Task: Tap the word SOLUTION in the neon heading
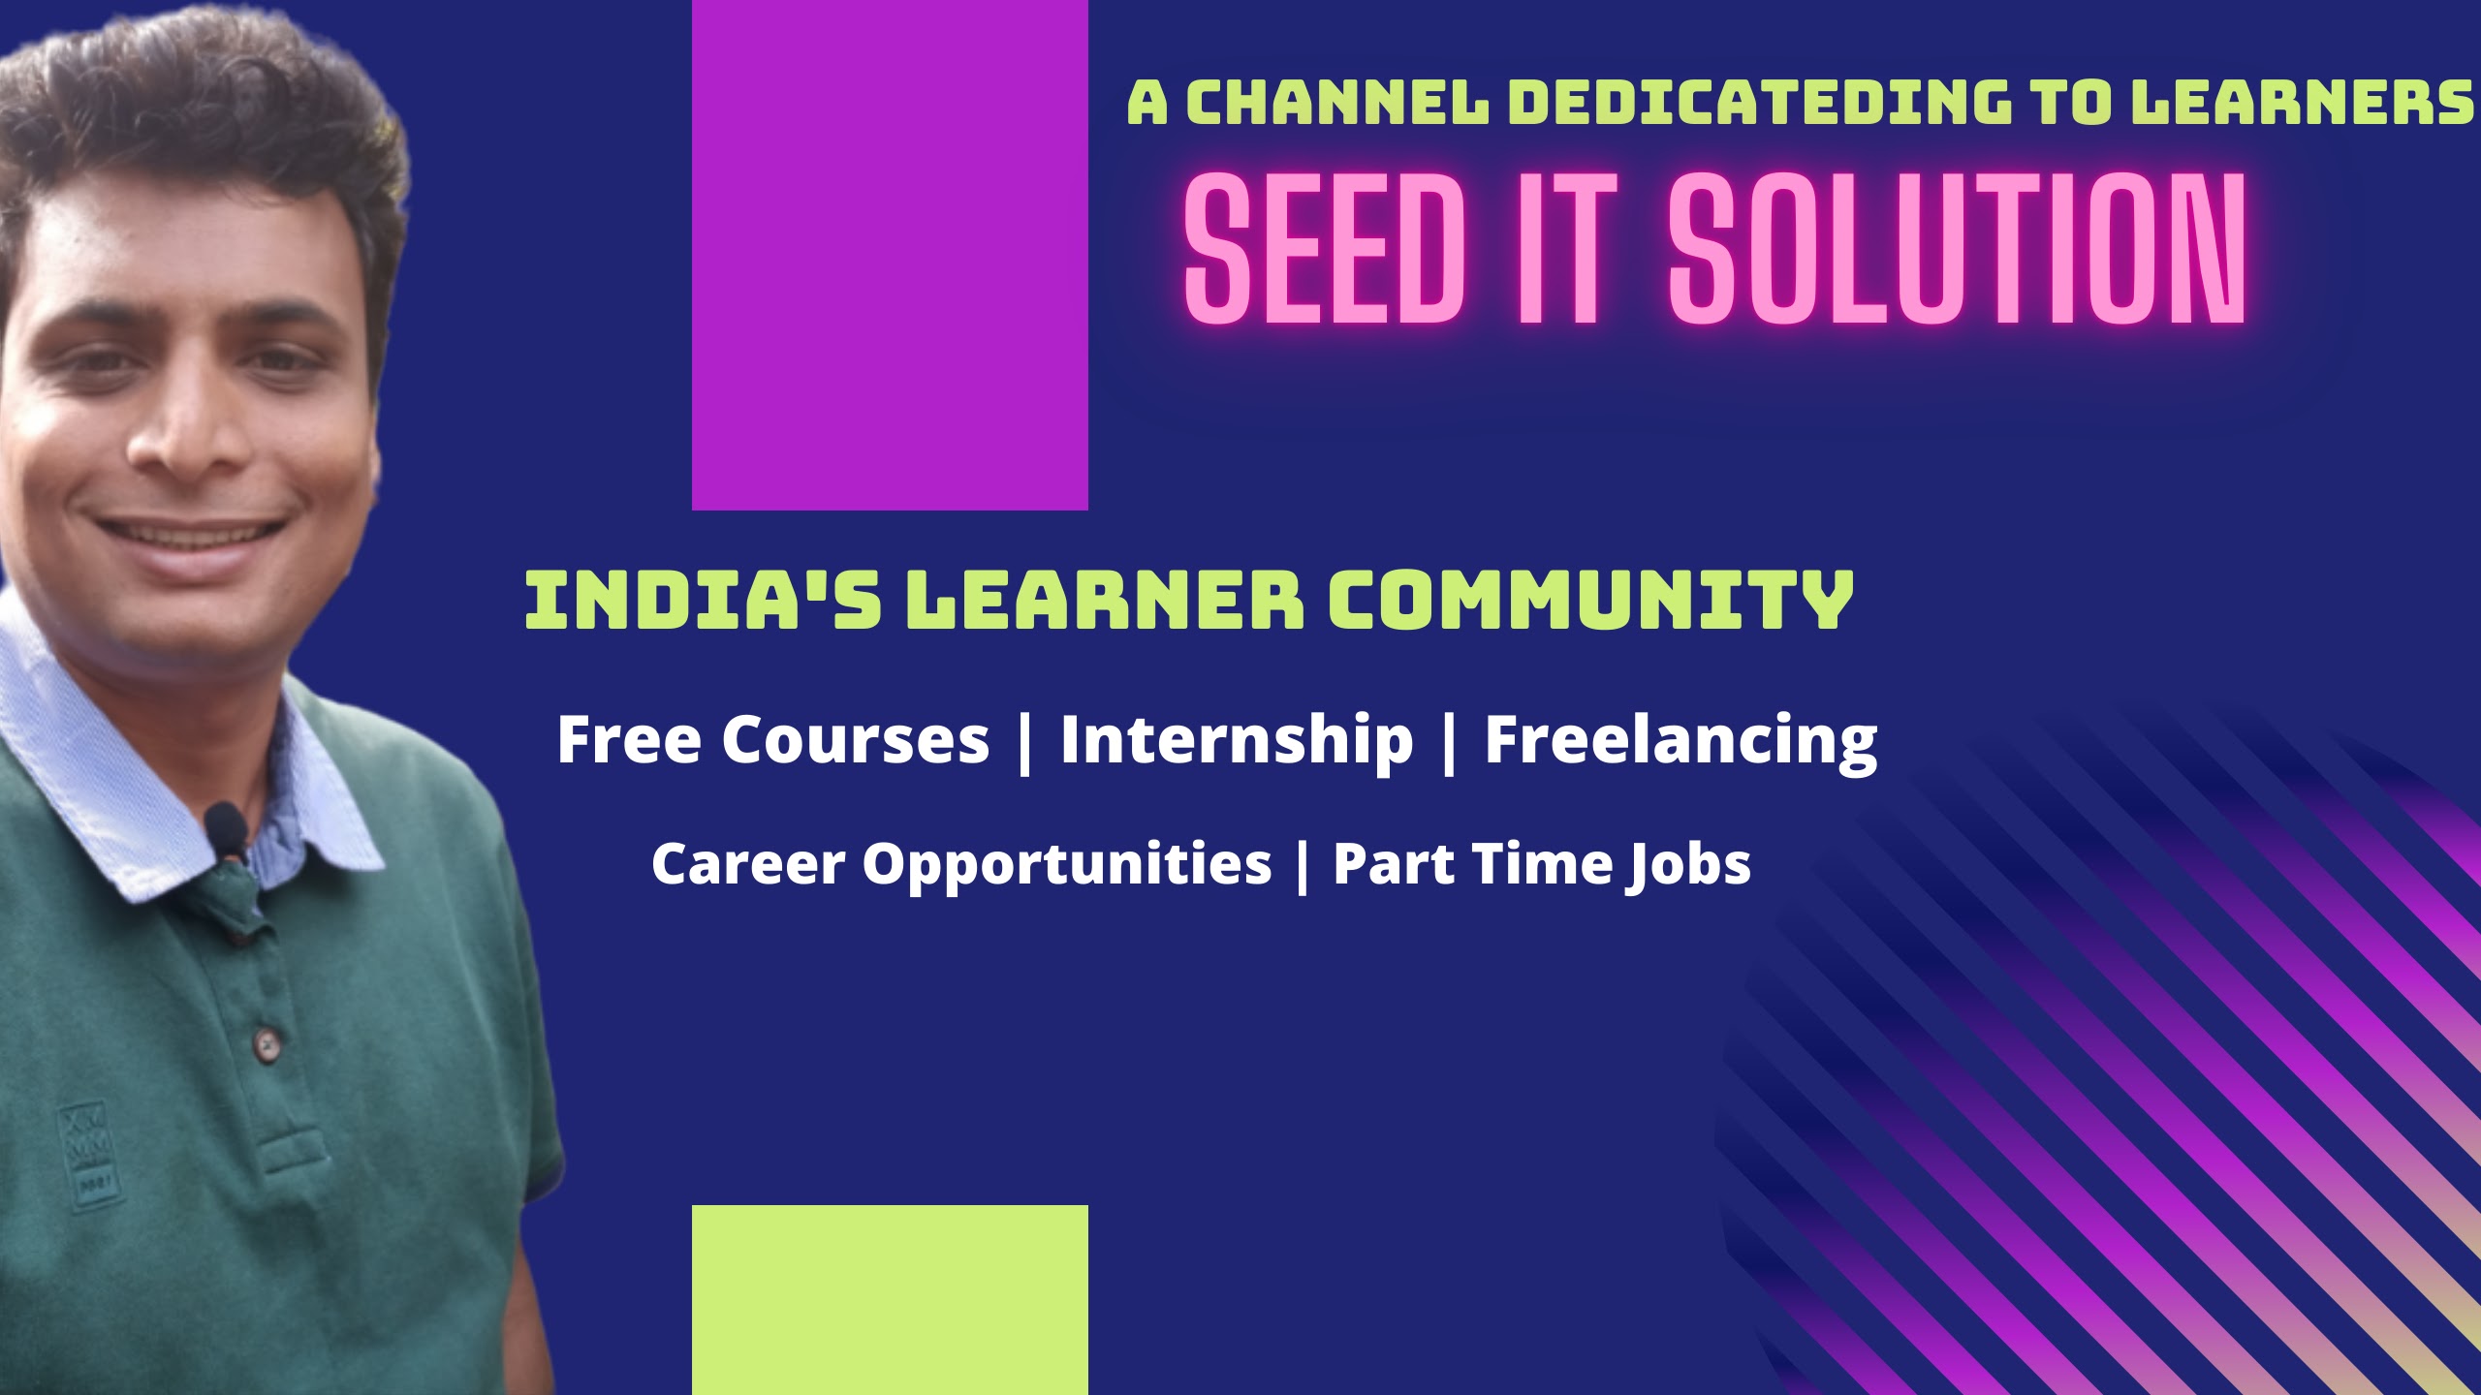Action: [1957, 249]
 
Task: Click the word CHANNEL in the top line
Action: [1337, 103]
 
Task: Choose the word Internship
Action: [1237, 740]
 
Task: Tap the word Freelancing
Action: [1681, 741]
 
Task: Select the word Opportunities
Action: [1067, 864]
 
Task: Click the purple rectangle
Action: [890, 255]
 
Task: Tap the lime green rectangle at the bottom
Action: [890, 1300]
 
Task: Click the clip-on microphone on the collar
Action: [227, 831]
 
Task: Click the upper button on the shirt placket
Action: [264, 1042]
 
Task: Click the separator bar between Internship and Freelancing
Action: [1450, 742]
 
